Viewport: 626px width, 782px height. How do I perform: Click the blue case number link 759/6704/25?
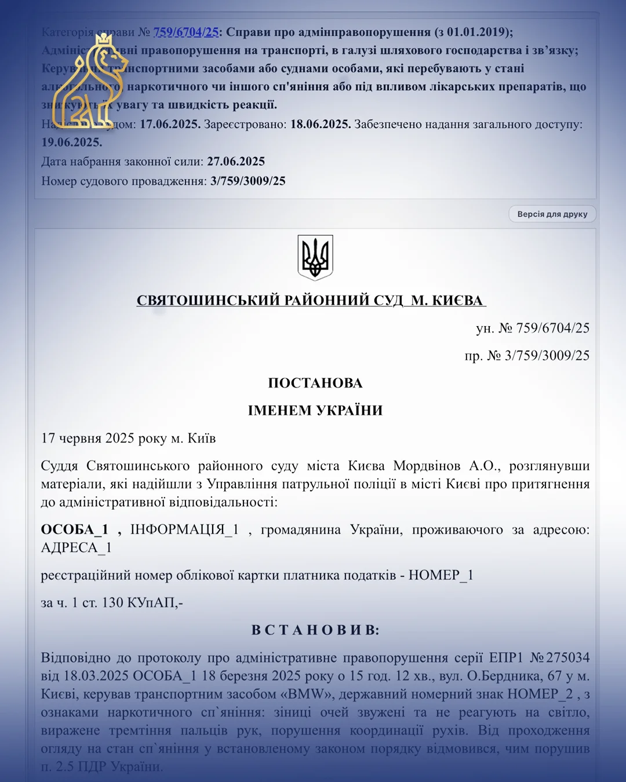pyautogui.click(x=185, y=32)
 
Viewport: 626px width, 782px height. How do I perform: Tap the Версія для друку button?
pyautogui.click(x=552, y=214)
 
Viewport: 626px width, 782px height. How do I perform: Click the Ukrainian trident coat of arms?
pyautogui.click(x=315, y=258)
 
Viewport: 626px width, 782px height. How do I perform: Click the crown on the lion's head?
pyautogui.click(x=104, y=40)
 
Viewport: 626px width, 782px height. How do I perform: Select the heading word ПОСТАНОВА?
pyautogui.click(x=315, y=383)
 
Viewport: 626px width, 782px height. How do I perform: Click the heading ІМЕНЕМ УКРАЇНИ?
pyautogui.click(x=315, y=410)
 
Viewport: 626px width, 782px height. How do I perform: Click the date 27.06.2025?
pyautogui.click(x=236, y=161)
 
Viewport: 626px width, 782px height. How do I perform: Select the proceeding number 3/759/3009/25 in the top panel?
pyautogui.click(x=248, y=181)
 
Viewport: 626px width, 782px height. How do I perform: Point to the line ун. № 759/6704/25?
pyautogui.click(x=533, y=328)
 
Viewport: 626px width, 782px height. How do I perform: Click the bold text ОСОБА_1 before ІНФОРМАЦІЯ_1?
pyautogui.click(x=75, y=529)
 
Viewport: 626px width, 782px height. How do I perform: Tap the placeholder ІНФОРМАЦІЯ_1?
pyautogui.click(x=184, y=529)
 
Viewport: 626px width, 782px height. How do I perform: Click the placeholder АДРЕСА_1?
pyautogui.click(x=76, y=547)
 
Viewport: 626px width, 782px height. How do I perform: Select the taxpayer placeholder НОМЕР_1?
pyautogui.click(x=441, y=575)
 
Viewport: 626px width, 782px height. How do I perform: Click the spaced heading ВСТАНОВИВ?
pyautogui.click(x=315, y=630)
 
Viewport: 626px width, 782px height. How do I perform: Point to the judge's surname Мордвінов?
pyautogui.click(x=427, y=466)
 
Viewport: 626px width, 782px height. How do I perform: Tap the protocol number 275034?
pyautogui.click(x=567, y=657)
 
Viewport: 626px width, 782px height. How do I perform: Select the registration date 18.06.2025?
pyautogui.click(x=320, y=124)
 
